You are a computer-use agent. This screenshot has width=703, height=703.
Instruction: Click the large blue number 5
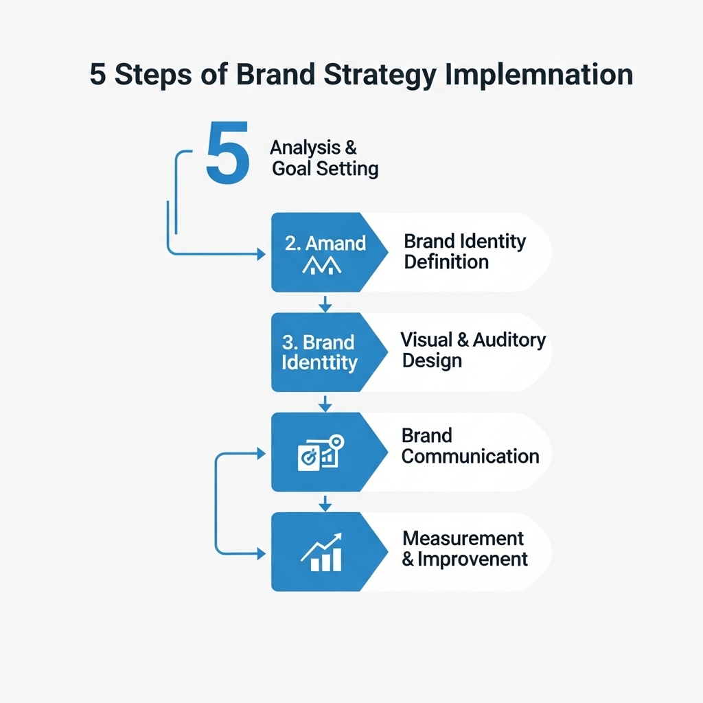point(227,153)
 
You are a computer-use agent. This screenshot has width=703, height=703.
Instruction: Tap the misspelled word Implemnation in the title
point(536,75)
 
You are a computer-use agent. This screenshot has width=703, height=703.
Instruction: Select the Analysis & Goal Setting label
point(324,158)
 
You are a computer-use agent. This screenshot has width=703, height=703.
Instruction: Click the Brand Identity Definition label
point(465,251)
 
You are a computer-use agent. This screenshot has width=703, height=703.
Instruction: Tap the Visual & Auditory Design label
point(473,349)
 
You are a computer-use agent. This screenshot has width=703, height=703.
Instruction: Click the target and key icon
point(321,452)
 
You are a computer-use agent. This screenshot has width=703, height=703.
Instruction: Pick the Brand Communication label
point(470,446)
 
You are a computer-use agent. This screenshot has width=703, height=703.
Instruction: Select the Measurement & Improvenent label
point(465,548)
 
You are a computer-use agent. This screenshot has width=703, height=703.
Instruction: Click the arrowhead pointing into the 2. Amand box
point(261,254)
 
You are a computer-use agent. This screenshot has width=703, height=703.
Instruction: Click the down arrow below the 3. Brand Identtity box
point(326,403)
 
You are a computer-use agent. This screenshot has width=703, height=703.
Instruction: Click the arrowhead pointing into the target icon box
point(261,452)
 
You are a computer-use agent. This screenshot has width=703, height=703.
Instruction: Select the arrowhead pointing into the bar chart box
point(261,553)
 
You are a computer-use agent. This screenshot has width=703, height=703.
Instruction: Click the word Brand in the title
point(268,75)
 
